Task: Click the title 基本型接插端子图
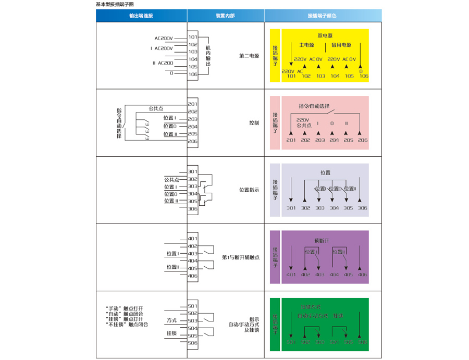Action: tap(115, 4)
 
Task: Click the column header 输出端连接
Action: tap(141, 16)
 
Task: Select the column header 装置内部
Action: tap(225, 16)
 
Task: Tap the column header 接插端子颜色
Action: tap(323, 16)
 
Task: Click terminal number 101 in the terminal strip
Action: tap(193, 38)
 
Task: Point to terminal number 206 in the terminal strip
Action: tap(193, 141)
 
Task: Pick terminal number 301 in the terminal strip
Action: tap(193, 171)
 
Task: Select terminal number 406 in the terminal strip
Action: tap(193, 276)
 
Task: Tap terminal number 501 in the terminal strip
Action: tap(193, 306)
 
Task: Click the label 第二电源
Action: tap(249, 56)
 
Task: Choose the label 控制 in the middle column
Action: tap(254, 123)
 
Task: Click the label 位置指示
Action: tap(249, 190)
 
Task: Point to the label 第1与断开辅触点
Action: tap(240, 257)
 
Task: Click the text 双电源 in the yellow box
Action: tap(325, 36)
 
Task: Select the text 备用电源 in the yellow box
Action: tap(341, 45)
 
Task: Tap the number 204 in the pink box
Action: tap(334, 141)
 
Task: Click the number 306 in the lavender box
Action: tap(363, 208)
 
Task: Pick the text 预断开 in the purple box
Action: tap(322, 241)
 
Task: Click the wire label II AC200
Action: tap(163, 63)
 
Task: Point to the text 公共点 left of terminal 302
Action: tap(171, 179)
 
